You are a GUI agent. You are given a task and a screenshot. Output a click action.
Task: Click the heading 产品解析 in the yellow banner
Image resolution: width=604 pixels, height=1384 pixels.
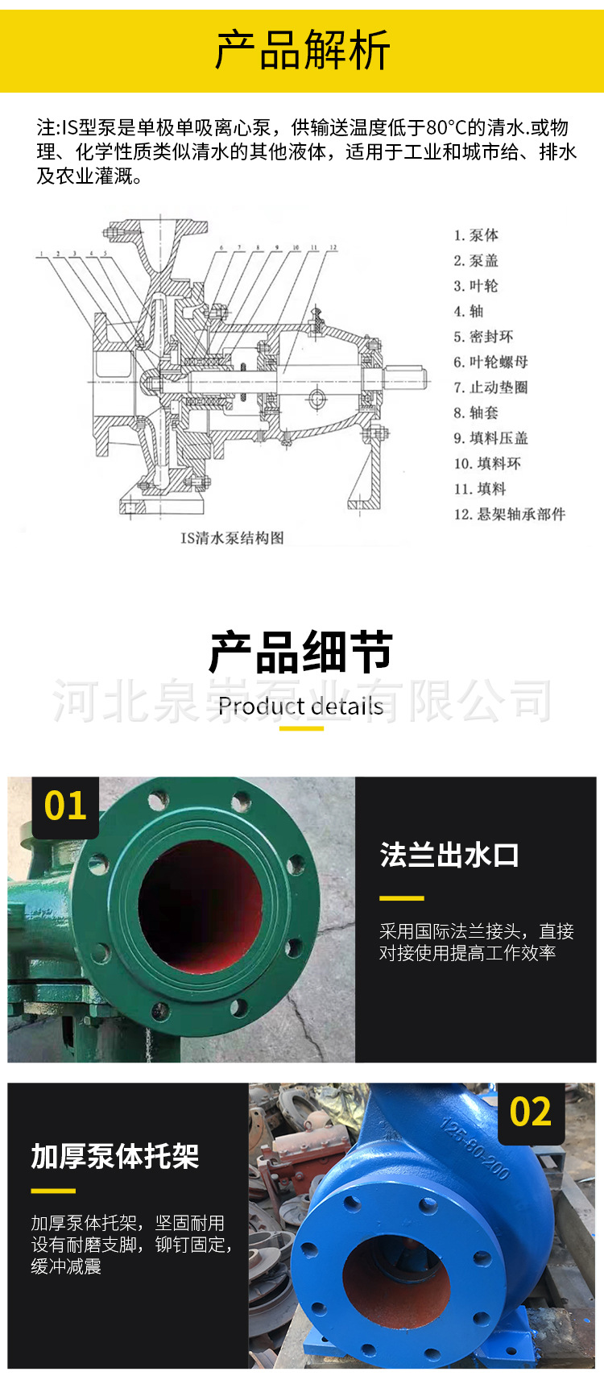click(302, 51)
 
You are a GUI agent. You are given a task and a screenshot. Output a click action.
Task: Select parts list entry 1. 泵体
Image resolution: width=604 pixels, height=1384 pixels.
click(476, 235)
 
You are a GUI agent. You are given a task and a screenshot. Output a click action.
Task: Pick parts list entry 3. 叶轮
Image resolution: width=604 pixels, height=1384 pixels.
click(476, 286)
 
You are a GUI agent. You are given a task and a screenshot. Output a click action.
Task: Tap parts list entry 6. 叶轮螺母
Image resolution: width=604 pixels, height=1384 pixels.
click(490, 362)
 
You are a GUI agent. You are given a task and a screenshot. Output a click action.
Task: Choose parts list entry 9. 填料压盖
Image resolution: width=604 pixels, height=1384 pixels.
click(490, 438)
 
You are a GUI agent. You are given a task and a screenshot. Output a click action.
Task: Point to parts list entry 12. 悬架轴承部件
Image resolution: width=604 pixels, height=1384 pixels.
click(509, 514)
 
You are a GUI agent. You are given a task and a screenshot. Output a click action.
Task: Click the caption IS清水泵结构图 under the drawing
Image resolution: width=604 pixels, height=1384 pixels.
click(232, 537)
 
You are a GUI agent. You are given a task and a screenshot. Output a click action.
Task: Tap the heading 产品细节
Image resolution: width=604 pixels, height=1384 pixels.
click(301, 652)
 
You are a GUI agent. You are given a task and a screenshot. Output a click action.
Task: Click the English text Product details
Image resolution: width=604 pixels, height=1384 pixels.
click(301, 707)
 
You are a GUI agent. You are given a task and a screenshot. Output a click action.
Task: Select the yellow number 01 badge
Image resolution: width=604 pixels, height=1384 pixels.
click(65, 806)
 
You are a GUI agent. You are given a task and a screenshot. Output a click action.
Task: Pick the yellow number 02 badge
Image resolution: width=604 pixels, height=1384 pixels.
click(531, 1113)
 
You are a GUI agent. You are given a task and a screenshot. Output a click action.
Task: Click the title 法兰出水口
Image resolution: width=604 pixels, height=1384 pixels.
click(449, 855)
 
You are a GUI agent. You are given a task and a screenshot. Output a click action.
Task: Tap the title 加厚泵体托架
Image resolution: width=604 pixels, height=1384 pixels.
click(115, 1156)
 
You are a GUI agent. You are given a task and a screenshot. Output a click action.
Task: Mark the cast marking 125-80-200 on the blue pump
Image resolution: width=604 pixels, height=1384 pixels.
click(475, 1149)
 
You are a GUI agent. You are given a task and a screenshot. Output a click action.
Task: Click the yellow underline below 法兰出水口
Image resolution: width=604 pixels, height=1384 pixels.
click(401, 897)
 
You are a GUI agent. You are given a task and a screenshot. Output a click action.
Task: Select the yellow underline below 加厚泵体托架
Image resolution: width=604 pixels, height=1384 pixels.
click(53, 1191)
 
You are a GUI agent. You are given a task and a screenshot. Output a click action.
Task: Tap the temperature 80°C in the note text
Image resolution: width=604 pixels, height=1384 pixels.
click(447, 127)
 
